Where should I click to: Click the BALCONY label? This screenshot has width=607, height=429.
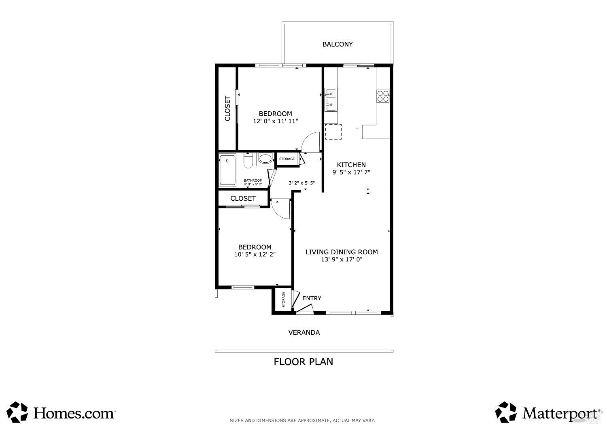[337, 44]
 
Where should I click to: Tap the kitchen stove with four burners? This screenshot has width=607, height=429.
[383, 96]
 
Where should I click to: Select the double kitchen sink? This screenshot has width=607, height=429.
[331, 100]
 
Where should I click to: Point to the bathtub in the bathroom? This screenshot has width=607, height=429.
[227, 170]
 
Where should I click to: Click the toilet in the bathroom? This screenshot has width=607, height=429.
[248, 160]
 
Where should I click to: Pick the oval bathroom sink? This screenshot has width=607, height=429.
[265, 159]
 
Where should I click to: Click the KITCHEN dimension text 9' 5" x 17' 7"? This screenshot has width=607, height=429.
[351, 172]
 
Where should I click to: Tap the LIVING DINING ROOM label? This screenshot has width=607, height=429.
[342, 252]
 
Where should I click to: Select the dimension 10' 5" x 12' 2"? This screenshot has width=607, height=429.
[255, 254]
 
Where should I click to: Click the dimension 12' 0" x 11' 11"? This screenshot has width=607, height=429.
[275, 121]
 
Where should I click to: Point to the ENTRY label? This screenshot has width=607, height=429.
[312, 298]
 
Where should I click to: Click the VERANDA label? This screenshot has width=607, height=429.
[304, 333]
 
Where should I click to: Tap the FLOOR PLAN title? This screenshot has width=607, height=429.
[303, 362]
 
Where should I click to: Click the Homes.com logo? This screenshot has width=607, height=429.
[61, 412]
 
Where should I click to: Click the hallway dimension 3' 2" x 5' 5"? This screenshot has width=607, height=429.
[301, 183]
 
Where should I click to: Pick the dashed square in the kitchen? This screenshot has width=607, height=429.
[333, 132]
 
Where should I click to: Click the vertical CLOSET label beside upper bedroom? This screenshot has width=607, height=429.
[227, 108]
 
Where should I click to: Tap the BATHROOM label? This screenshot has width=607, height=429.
[253, 181]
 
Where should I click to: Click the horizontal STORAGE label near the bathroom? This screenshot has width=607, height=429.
[287, 159]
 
